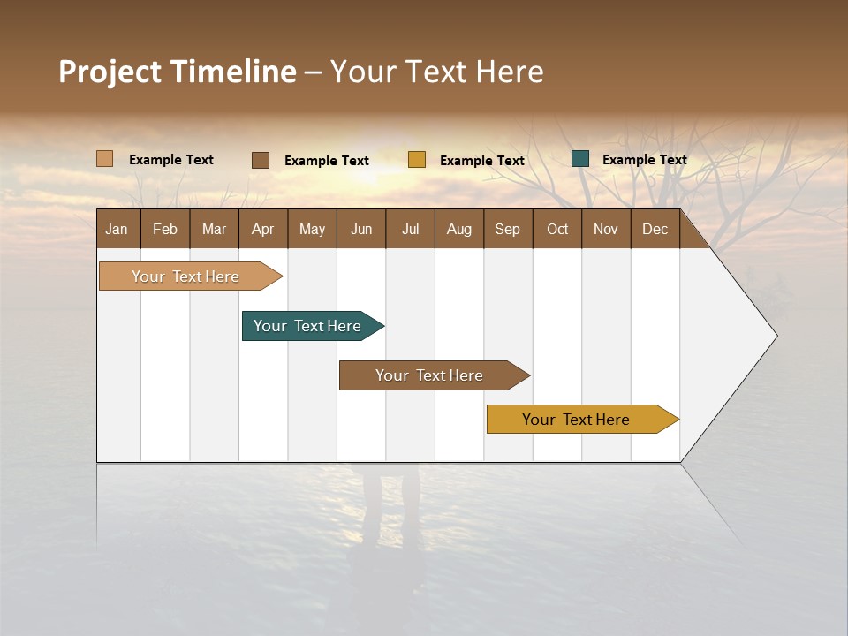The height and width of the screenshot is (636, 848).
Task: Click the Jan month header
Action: click(117, 229)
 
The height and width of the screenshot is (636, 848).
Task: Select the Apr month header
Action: click(263, 229)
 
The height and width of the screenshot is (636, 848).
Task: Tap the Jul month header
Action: click(410, 229)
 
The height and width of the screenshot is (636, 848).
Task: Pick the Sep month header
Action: click(508, 229)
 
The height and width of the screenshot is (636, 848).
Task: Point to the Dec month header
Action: click(655, 229)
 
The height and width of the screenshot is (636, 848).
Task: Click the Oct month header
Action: click(557, 229)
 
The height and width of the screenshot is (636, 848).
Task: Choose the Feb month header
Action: click(165, 229)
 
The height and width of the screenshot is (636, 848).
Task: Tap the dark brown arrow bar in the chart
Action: click(430, 375)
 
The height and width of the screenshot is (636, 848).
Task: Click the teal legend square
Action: click(580, 159)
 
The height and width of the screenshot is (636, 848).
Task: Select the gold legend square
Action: click(417, 160)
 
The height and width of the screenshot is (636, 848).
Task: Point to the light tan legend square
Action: click(105, 159)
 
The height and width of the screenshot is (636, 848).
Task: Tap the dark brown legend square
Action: click(261, 160)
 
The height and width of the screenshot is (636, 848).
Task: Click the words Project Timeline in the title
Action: click(177, 72)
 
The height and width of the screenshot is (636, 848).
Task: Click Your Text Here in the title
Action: click(436, 72)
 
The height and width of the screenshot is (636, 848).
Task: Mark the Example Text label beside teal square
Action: click(644, 160)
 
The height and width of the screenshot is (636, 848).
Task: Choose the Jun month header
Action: click(361, 229)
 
